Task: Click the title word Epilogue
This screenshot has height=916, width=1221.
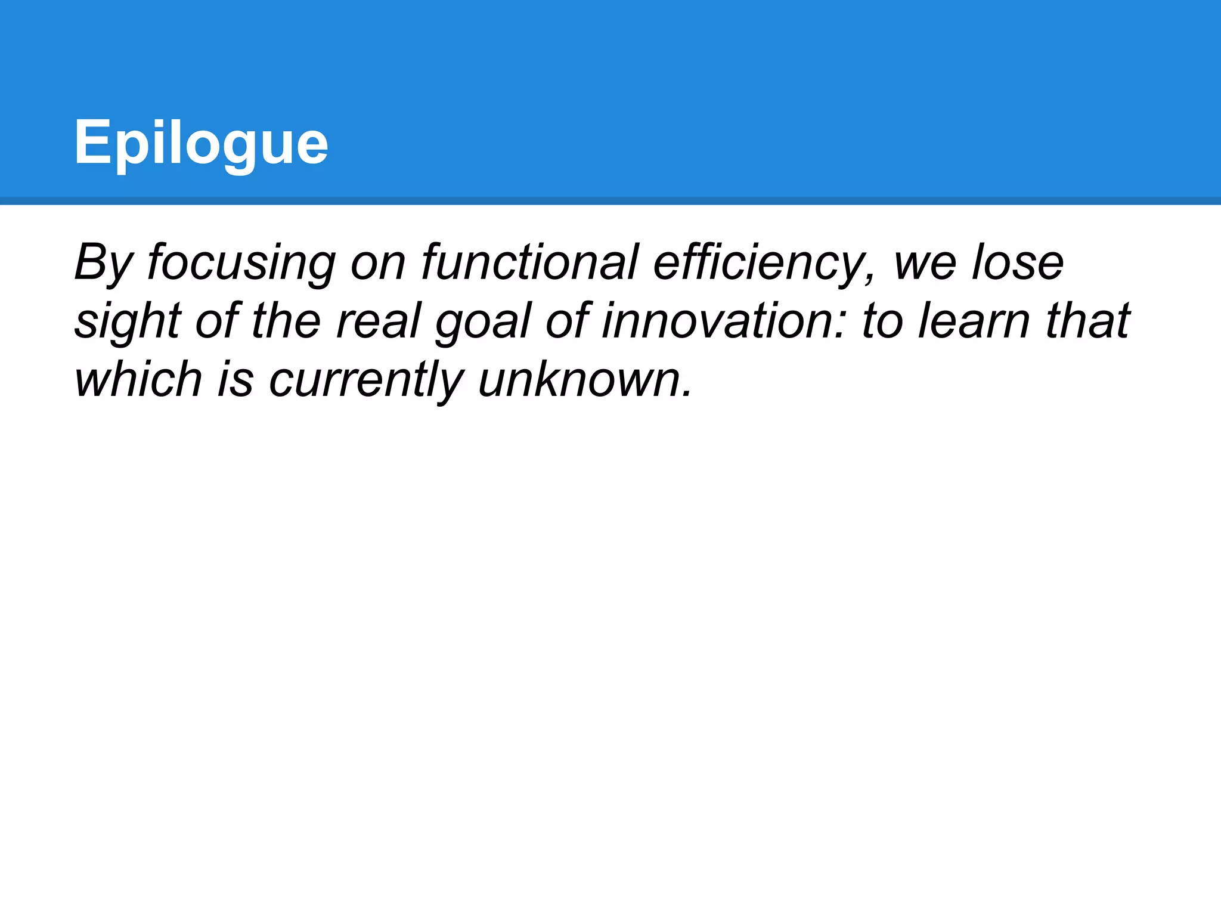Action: pos(201,143)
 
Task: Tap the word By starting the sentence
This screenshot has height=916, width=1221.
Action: pos(103,262)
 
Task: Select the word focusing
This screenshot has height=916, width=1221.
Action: pos(241,262)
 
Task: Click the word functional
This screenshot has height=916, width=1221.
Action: pos(530,262)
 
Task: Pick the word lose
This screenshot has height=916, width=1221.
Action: pos(1017,262)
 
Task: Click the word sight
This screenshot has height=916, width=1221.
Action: pos(128,321)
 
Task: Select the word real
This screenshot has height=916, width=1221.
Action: pos(379,321)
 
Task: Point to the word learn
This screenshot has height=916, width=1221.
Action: pos(974,321)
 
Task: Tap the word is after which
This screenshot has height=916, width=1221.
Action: pos(235,379)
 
